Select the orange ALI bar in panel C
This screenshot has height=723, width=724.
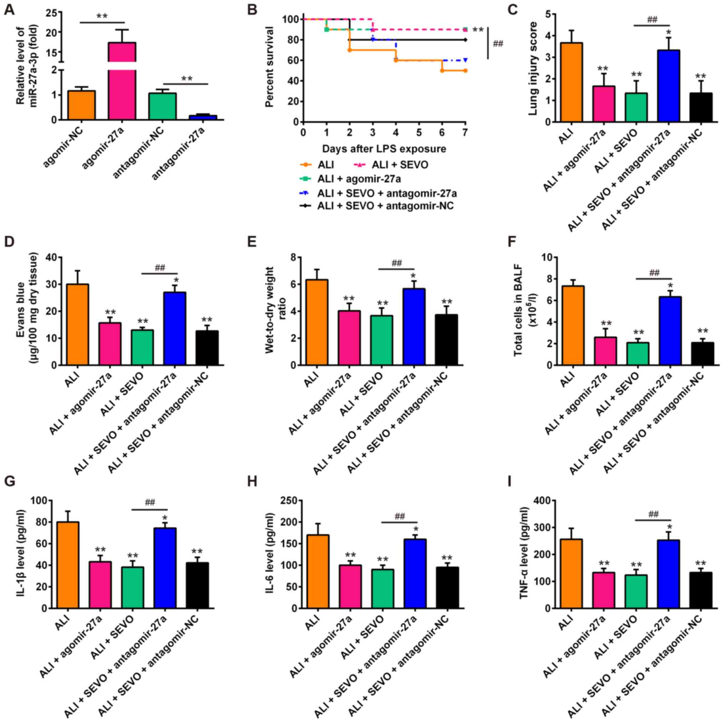point(571,82)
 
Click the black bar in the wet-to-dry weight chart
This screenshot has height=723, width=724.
point(446,339)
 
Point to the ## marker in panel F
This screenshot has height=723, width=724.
point(653,272)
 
